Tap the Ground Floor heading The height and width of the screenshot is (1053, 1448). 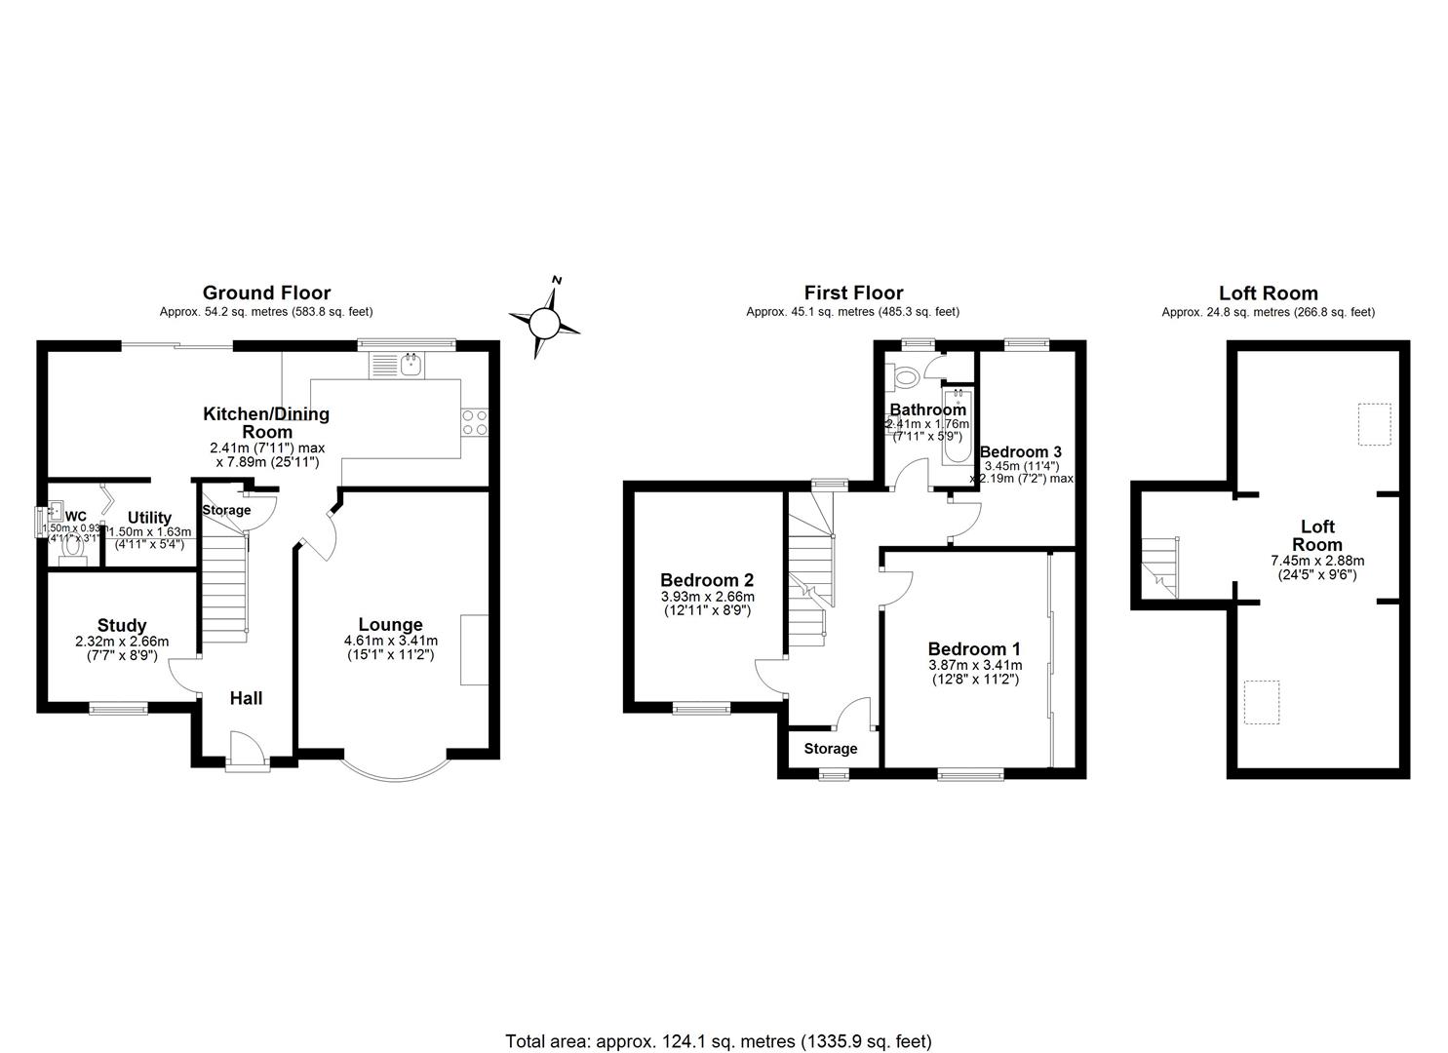[266, 292]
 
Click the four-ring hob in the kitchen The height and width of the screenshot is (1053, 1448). [474, 423]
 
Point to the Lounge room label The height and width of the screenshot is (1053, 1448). [390, 625]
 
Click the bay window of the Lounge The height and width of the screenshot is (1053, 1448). [395, 770]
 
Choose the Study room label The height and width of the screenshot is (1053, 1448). [122, 625]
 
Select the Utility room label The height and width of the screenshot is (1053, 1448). [149, 518]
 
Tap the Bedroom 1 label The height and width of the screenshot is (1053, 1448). [974, 649]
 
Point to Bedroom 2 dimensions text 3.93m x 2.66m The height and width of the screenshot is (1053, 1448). [707, 597]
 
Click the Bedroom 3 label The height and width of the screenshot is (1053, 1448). [1020, 452]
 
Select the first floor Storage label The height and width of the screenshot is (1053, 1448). [831, 749]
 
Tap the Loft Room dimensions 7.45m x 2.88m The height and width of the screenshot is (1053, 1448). [1316, 561]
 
